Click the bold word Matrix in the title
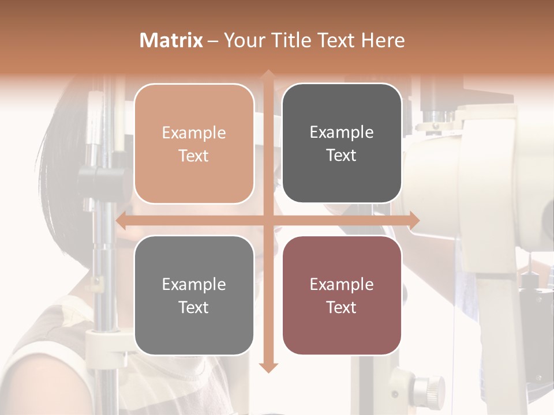tap(171, 40)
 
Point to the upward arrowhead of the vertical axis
tap(268, 74)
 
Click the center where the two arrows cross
tap(268, 220)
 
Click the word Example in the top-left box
tap(194, 133)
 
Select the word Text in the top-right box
tap(342, 156)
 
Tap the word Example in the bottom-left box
tap(194, 285)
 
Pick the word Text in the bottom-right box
tap(342, 307)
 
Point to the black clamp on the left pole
tap(104, 182)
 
